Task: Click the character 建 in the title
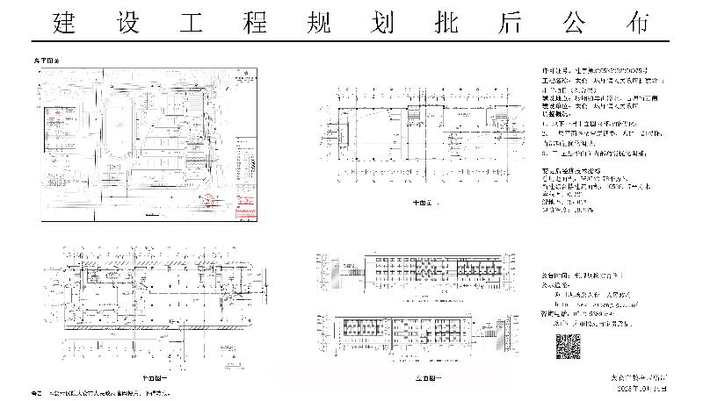63,24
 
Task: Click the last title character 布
639,24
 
